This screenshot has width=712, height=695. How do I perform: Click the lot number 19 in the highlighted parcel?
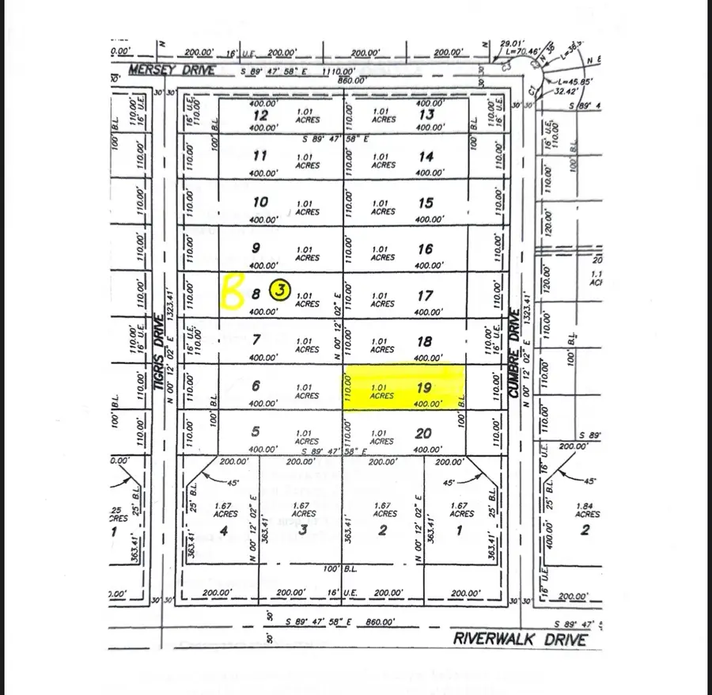point(425,388)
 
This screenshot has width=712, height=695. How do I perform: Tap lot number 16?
point(425,249)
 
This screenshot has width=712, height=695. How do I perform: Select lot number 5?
point(256,432)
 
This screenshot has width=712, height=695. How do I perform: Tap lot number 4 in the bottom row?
point(225,530)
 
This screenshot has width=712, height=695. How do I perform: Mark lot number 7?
point(256,340)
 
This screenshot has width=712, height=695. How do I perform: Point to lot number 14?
point(425,157)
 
